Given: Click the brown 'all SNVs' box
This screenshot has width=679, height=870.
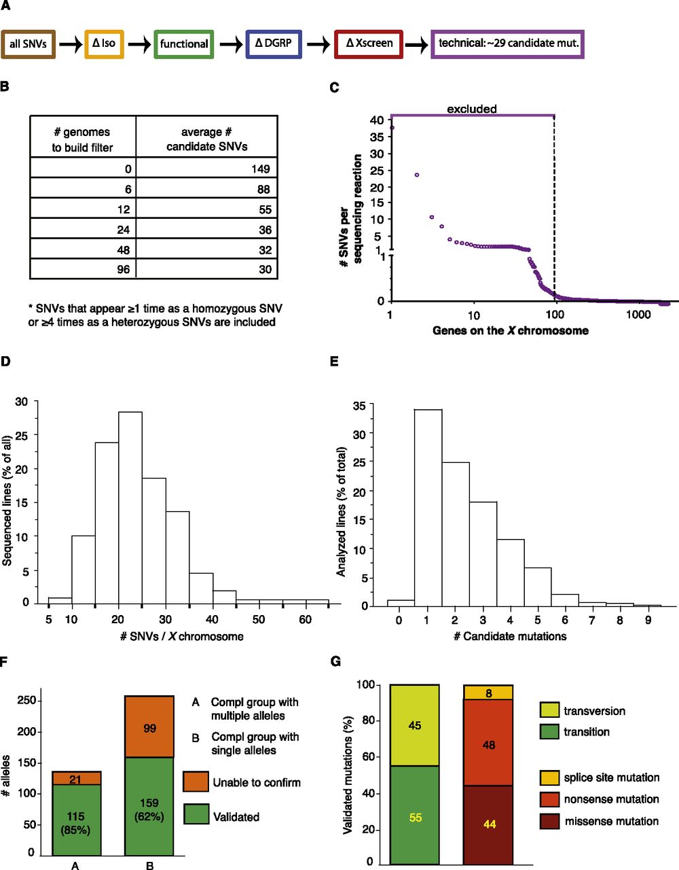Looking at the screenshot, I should point(28,44).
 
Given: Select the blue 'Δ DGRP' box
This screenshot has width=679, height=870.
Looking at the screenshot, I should point(274,44).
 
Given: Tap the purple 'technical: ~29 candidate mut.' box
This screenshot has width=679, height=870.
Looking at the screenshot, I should point(507,44).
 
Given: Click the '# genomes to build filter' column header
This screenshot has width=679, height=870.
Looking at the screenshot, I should point(83,139).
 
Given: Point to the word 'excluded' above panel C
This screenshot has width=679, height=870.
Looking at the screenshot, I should point(472,109).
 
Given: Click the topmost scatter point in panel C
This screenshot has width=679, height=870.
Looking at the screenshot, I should point(392,127).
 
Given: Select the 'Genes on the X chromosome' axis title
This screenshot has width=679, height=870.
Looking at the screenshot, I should point(510,331).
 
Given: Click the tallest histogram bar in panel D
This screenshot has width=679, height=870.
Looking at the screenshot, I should point(130,506).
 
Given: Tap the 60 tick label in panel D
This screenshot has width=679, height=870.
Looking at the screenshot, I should point(306,620).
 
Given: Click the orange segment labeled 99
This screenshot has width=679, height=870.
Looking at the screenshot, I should point(149,727).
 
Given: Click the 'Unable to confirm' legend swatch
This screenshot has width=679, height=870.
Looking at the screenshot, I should point(196,782).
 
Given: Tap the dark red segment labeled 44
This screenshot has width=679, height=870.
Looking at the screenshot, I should point(488,824).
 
